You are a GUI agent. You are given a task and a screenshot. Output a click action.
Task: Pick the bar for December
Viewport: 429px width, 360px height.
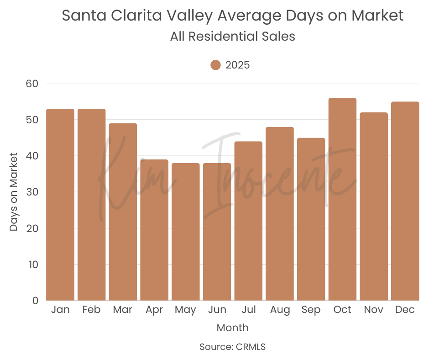(x=405, y=201)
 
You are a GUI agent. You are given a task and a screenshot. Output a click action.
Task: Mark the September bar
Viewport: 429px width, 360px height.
(x=311, y=219)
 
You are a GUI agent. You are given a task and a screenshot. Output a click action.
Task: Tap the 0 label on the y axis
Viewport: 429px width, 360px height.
(x=35, y=301)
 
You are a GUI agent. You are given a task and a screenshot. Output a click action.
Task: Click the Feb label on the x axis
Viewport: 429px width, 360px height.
(x=91, y=310)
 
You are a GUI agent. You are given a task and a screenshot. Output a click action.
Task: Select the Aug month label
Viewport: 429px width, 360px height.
(x=280, y=310)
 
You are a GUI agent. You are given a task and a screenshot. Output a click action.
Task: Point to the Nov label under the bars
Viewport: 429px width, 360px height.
(x=373, y=310)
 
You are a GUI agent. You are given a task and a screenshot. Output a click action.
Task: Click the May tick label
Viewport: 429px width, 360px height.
(x=185, y=310)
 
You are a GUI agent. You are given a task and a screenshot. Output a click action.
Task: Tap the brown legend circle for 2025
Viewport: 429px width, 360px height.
(x=216, y=65)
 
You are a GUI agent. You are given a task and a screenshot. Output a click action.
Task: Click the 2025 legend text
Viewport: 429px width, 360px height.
(x=238, y=65)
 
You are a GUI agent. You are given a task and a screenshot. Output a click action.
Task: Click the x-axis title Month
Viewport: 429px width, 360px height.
(x=233, y=328)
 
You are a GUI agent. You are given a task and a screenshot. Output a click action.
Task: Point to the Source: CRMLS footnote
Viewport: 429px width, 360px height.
(x=233, y=347)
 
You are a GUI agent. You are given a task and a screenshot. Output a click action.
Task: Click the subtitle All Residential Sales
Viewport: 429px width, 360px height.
(x=233, y=37)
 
